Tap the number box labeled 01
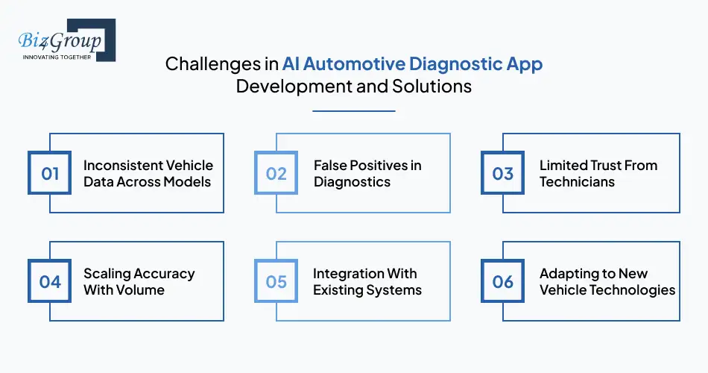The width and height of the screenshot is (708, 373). coord(50,173)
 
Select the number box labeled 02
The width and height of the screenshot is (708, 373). coord(276,173)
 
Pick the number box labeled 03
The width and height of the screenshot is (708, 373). coord(503,173)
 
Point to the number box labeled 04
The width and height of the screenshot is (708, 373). coord(50,281)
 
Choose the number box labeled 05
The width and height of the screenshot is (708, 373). coord(276,281)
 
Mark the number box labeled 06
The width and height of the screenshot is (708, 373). coord(503,281)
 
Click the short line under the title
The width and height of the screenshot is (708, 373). coord(353,111)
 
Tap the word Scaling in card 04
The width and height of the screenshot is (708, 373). coord(107,273)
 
